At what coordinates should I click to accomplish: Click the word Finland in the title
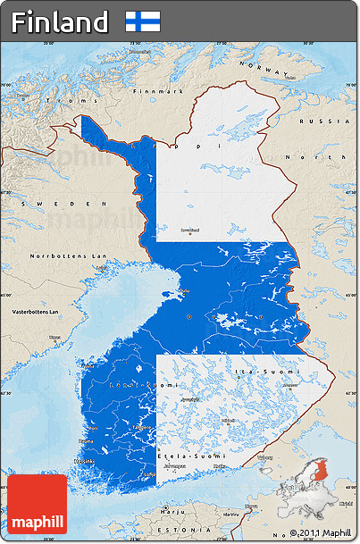[60, 21]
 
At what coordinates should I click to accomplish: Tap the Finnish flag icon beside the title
[143, 21]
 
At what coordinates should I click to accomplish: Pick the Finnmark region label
[156, 91]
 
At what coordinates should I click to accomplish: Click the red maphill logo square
[38, 503]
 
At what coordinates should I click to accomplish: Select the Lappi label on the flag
[205, 145]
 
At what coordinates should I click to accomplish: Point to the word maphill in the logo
[38, 521]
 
